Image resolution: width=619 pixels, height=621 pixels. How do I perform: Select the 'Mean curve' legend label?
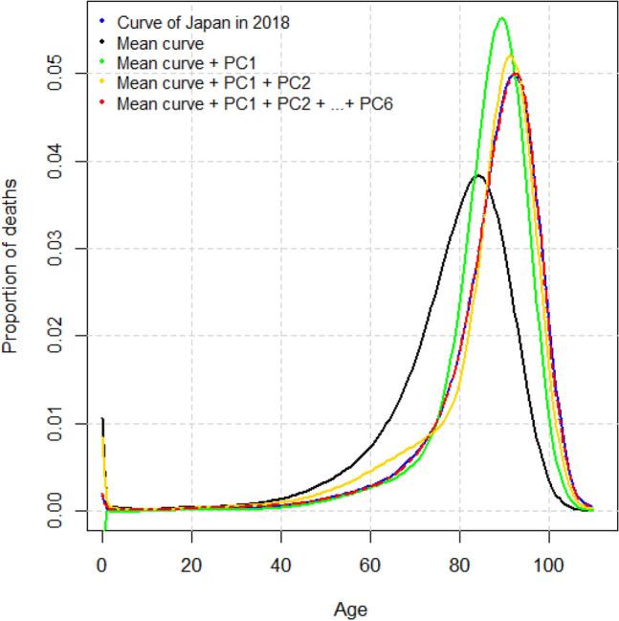(x=156, y=42)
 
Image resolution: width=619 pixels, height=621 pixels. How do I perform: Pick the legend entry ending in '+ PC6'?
(x=254, y=102)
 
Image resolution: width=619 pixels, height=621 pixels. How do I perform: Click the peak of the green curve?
(x=501, y=18)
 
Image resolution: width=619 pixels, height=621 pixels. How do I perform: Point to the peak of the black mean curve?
(x=478, y=176)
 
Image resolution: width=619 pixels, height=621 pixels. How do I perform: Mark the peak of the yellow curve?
(x=509, y=56)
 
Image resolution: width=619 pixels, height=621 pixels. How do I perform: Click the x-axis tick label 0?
(x=102, y=564)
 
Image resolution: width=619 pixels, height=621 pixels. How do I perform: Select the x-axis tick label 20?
(x=191, y=564)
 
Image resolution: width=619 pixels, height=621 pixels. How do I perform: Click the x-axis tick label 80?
(x=460, y=564)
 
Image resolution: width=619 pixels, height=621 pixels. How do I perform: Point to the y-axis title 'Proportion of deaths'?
(x=11, y=265)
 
